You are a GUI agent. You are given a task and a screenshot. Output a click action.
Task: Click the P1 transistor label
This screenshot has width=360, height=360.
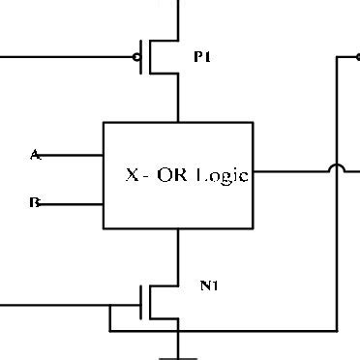tap(201, 58)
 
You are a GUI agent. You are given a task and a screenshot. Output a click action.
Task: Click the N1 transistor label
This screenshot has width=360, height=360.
tap(209, 285)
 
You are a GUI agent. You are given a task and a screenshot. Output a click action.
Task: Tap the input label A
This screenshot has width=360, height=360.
tap(35, 154)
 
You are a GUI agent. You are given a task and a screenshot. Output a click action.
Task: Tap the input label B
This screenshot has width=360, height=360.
tap(35, 204)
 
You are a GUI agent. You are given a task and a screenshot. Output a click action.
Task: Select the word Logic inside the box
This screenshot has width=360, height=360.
tap(222, 176)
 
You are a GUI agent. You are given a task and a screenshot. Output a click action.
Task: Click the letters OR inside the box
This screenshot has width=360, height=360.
tap(170, 176)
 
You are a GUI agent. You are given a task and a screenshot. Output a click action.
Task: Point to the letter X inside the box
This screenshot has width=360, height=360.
tap(132, 176)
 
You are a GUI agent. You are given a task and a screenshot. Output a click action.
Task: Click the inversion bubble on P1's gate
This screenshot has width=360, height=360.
tap(139, 57)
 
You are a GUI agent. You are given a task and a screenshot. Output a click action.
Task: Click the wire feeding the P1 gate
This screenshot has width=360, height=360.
tap(68, 57)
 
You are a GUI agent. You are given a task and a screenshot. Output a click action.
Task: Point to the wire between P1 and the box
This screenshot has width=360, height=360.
tap(178, 102)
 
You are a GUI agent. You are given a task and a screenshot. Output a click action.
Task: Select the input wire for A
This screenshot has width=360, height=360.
tap(73, 154)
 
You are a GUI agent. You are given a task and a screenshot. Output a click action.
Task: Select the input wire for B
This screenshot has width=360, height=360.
tap(73, 204)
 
